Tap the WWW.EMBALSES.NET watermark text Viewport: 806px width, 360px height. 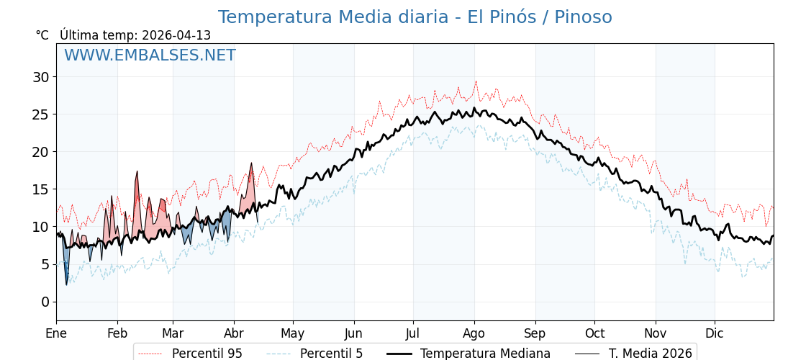coord(150,55)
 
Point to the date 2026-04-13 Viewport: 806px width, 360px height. coord(176,35)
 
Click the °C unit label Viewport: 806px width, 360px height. coord(42,35)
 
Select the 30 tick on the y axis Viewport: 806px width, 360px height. coord(42,77)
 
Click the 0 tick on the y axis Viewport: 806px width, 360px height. coord(45,302)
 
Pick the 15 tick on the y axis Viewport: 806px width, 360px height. coord(42,189)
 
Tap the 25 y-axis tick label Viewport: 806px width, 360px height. coord(42,114)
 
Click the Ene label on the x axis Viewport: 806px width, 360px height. coord(56,333)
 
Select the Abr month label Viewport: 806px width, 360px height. coord(234,333)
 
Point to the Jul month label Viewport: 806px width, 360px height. coord(413,333)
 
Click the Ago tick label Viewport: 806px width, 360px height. coord(474,333)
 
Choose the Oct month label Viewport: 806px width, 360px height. coord(594,333)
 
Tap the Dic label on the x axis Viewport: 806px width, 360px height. coord(715,333)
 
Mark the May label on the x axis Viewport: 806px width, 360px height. coord(293,333)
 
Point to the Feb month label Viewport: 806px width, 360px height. coord(117,333)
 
